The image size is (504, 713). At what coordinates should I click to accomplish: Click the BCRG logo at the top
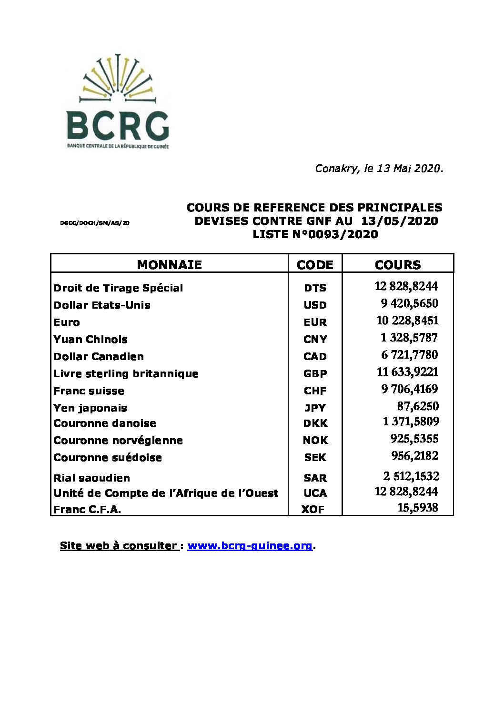coord(117,102)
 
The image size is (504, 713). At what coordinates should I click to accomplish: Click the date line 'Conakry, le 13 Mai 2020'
coord(379,169)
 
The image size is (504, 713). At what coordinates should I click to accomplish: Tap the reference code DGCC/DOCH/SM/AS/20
coord(95,223)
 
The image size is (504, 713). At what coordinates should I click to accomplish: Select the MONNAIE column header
coord(169,265)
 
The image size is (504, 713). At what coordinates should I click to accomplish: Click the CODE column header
coord(315,265)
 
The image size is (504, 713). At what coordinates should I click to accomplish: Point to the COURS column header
coord(398,265)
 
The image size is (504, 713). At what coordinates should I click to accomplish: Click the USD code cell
coord(315,305)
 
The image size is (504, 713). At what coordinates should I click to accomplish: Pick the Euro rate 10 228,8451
coord(407,321)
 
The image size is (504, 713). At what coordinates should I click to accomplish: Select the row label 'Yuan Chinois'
coord(91,340)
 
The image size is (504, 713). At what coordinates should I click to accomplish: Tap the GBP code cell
coord(315,374)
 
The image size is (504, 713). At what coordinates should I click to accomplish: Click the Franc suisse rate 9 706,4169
coord(409,389)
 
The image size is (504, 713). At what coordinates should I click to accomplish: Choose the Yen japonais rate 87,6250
coord(418,406)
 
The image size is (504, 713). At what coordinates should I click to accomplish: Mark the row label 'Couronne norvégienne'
coord(118,441)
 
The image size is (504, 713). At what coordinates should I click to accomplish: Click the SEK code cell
coord(315,458)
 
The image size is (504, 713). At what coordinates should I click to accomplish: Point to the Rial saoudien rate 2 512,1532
coord(411,476)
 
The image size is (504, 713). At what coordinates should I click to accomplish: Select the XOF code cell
coord(313,510)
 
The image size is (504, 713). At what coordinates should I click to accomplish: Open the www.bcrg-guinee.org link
coord(250,546)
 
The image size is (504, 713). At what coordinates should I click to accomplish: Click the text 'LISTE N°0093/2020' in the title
coord(315,234)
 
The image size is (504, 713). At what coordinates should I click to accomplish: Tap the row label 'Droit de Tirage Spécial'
coord(118,288)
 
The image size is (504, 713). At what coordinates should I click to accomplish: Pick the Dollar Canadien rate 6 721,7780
coord(409,355)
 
